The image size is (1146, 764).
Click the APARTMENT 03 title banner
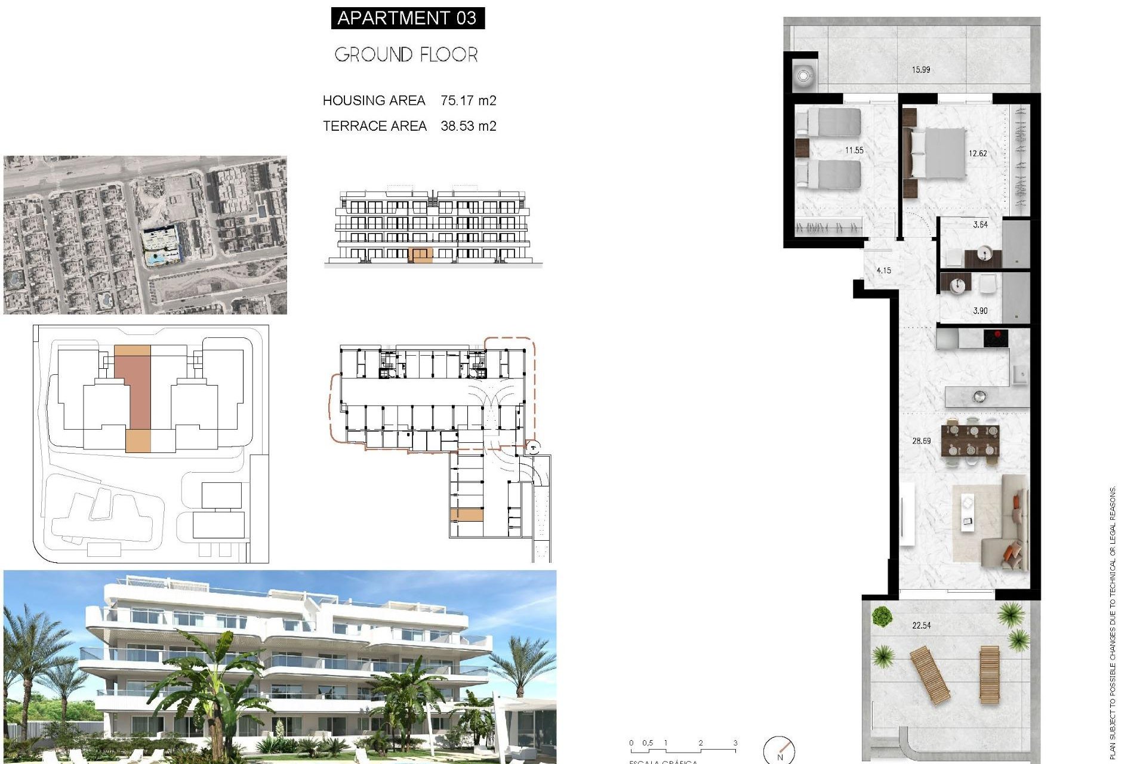click(x=408, y=18)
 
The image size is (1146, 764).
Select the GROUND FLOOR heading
click(x=406, y=55)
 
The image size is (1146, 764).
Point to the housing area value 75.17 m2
click(x=468, y=101)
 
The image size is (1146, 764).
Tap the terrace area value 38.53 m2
click(x=468, y=126)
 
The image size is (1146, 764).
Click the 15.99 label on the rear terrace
click(x=920, y=70)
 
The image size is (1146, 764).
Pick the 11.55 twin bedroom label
click(x=854, y=150)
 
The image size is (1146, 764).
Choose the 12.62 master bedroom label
click(x=978, y=153)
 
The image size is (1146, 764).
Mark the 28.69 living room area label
click(x=921, y=441)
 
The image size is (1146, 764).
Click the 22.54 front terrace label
click(x=921, y=626)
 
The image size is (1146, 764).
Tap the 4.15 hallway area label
click(x=883, y=270)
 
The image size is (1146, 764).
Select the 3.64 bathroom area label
click(x=980, y=225)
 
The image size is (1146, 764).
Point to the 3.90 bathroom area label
click(x=980, y=311)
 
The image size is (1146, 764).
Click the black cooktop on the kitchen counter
click(x=996, y=338)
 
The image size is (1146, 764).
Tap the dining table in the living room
click(x=970, y=440)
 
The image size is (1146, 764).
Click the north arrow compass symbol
click(x=780, y=750)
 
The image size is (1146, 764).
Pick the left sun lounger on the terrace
click(x=930, y=674)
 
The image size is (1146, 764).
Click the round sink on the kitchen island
click(x=979, y=396)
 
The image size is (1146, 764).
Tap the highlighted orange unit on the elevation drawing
click(x=422, y=255)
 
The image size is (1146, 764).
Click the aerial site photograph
click(x=145, y=235)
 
